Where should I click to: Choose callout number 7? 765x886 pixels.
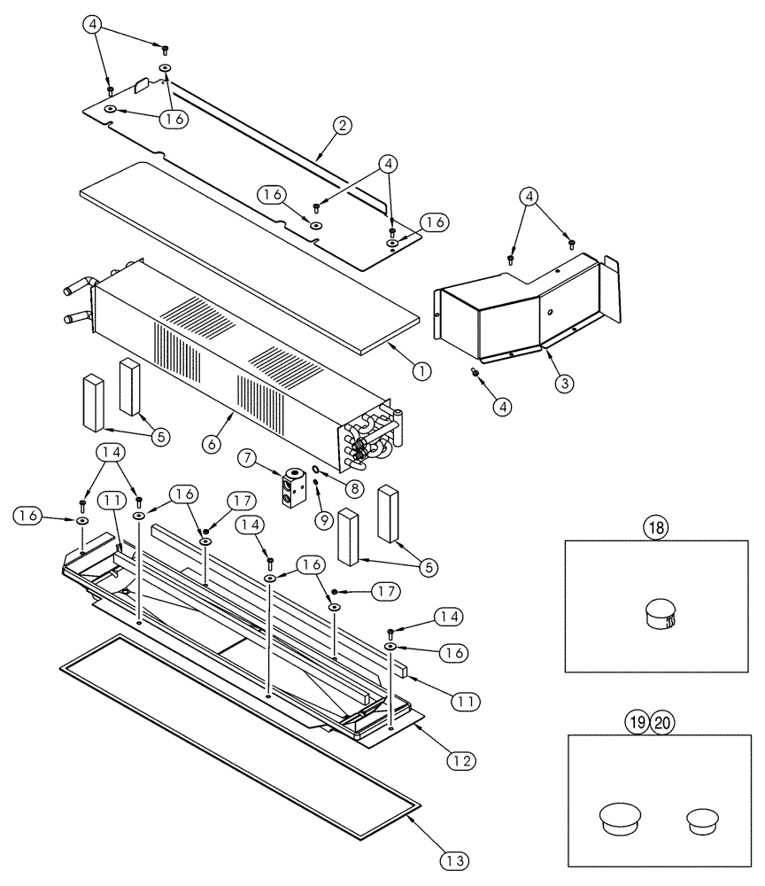tap(247, 458)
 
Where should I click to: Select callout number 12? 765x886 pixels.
tap(460, 759)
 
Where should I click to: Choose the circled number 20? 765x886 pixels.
tap(662, 722)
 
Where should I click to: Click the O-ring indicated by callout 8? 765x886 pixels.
tap(316, 470)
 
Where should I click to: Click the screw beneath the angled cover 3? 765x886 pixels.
tap(476, 373)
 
